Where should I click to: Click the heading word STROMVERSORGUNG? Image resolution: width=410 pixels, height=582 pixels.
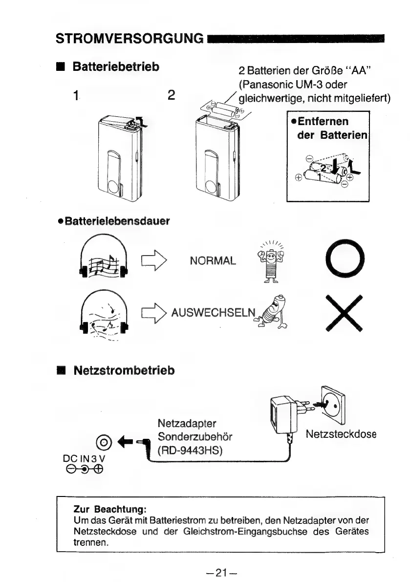(x=130, y=38)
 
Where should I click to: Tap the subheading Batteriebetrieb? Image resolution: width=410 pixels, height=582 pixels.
(x=116, y=66)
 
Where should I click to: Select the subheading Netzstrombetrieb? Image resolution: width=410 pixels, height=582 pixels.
(x=124, y=370)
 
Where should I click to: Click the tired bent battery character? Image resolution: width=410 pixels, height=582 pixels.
(x=279, y=314)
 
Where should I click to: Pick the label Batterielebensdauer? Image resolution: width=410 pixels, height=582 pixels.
(x=113, y=221)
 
